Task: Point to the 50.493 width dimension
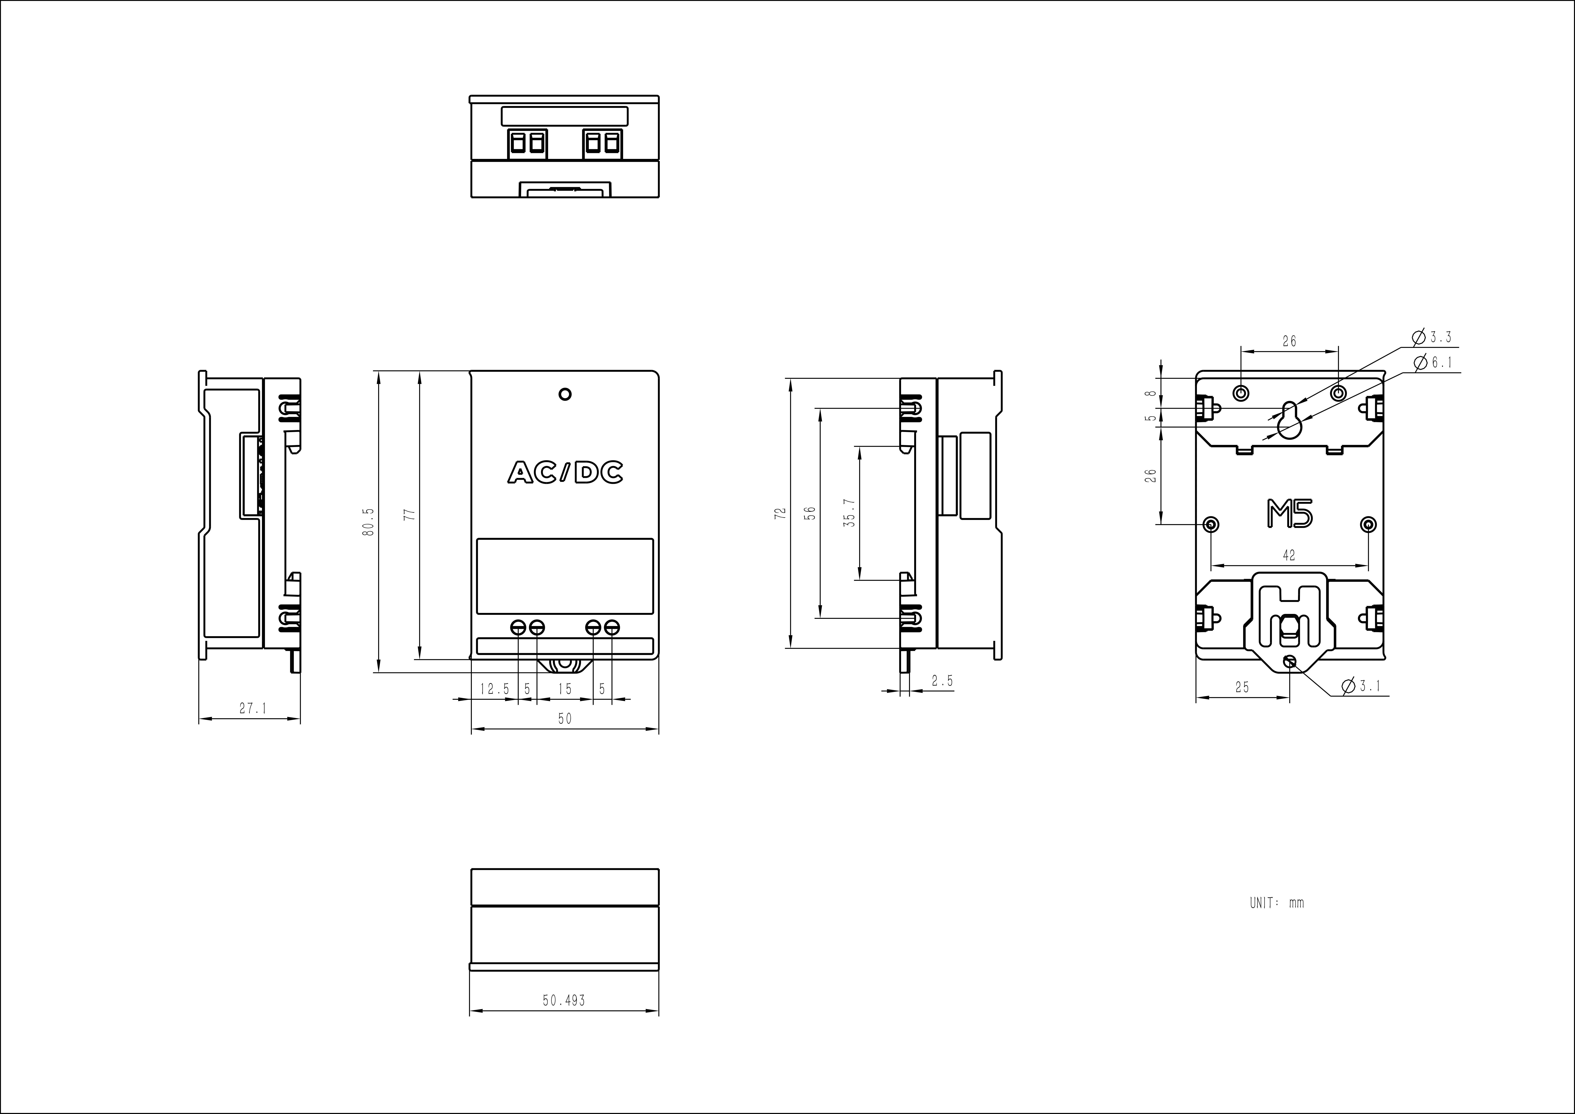564,1001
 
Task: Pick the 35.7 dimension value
850,512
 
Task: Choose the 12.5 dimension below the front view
494,689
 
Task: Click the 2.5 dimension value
943,681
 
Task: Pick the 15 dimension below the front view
565,689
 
